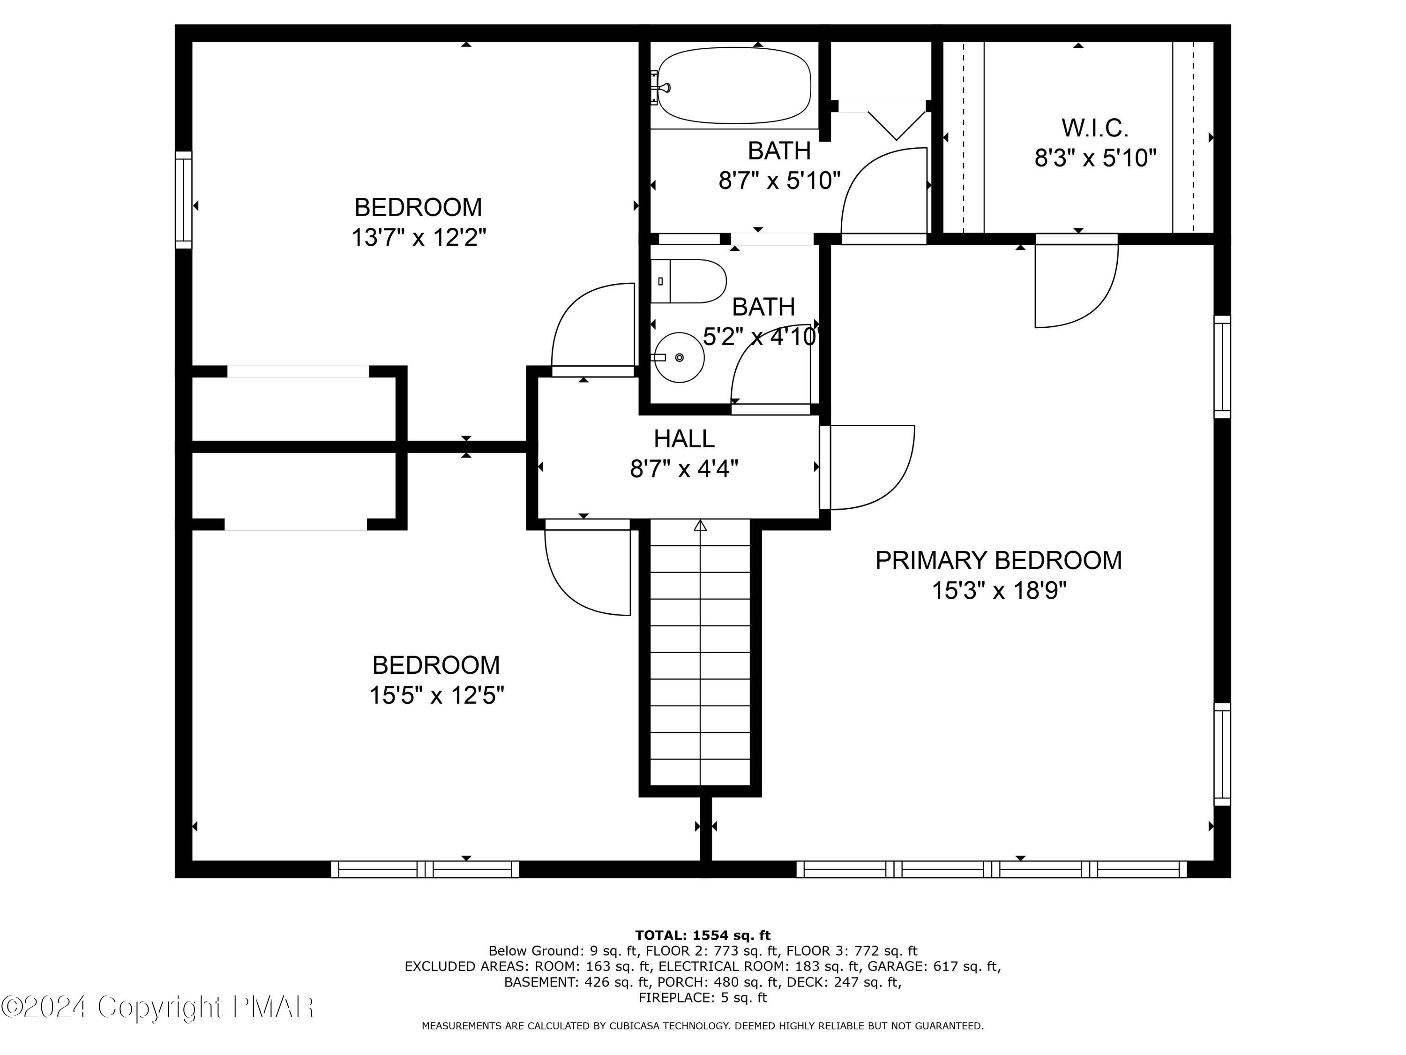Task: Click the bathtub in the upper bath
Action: (x=734, y=86)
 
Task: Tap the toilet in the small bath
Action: (x=688, y=281)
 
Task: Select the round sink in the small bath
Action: (x=679, y=357)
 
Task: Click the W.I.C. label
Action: (x=1094, y=128)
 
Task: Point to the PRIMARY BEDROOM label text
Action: (x=999, y=560)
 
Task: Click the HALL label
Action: (x=684, y=439)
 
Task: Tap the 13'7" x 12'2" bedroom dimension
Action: (x=419, y=238)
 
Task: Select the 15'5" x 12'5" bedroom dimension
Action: (x=437, y=695)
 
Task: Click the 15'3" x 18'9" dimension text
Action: (x=999, y=591)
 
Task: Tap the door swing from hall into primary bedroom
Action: (x=872, y=467)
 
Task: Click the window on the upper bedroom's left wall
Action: (x=184, y=200)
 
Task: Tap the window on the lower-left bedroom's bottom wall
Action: (x=425, y=869)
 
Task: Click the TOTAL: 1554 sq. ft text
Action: (x=703, y=935)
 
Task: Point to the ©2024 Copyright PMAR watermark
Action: (x=157, y=1007)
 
